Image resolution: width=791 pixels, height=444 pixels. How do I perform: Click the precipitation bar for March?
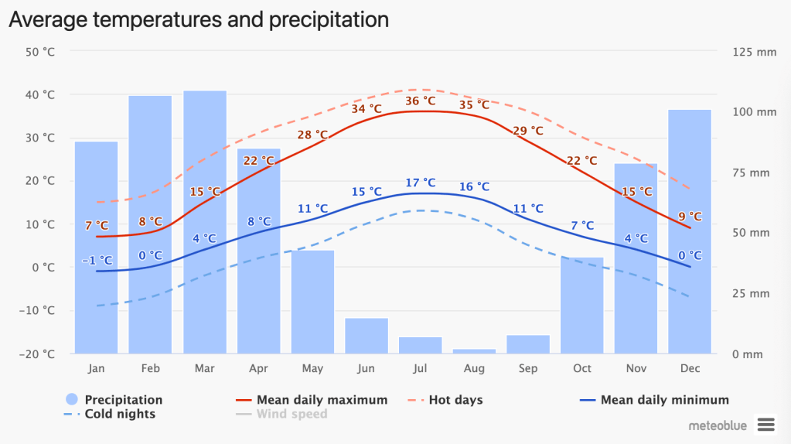[x=205, y=232]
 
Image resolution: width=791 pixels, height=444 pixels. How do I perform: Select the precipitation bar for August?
[x=474, y=351]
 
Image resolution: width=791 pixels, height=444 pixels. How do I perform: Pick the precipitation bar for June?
[x=367, y=336]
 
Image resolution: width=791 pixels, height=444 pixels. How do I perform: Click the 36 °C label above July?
[x=420, y=101]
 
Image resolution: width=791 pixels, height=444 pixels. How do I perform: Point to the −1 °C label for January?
[x=97, y=260]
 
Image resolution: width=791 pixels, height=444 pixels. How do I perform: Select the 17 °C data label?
[x=420, y=183]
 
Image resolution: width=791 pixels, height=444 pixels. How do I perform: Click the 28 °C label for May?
[x=312, y=135]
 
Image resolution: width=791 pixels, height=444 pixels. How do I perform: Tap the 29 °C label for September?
[x=528, y=131]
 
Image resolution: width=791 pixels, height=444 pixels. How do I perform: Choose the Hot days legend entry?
[x=455, y=400]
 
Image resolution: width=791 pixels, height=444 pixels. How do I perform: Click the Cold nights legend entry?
[x=119, y=414]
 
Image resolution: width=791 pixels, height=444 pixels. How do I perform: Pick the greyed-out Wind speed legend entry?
[x=292, y=414]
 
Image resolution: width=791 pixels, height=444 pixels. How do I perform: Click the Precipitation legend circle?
[x=72, y=400]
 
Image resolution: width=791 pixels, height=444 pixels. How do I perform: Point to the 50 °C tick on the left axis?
[x=40, y=52]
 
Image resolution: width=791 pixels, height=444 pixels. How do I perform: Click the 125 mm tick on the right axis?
[x=753, y=52]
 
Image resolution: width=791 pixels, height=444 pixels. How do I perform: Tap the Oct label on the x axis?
[x=582, y=369]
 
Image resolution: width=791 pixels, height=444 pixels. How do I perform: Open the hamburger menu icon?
[x=765, y=424]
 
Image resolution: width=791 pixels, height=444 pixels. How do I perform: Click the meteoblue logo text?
[x=719, y=425]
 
